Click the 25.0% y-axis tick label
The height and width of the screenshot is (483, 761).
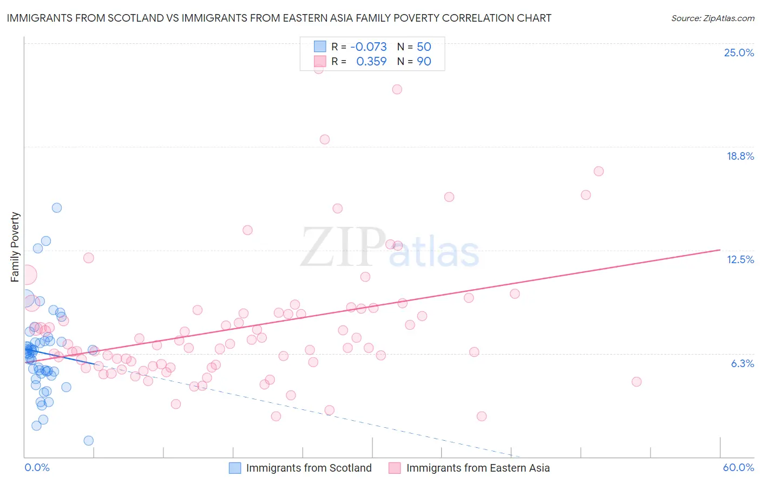click(739, 53)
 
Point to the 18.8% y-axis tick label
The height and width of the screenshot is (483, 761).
click(740, 156)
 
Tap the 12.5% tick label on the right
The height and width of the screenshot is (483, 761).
click(740, 259)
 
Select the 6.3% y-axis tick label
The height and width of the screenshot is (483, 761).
click(742, 363)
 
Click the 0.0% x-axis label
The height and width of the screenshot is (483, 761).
click(37, 467)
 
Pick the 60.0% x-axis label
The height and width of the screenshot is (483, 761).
click(738, 467)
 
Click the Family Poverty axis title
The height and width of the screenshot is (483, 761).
click(15, 247)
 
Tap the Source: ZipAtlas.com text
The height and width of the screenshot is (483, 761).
click(712, 18)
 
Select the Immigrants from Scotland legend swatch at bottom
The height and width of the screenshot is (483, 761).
click(235, 468)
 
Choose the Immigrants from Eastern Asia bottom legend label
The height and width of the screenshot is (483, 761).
click(478, 468)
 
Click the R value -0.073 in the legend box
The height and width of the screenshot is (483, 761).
click(369, 47)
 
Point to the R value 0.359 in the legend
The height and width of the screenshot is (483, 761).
click(371, 62)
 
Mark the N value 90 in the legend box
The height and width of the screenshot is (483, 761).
click(424, 62)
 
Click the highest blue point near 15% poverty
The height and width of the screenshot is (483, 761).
click(57, 208)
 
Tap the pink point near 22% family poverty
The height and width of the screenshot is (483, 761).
click(397, 89)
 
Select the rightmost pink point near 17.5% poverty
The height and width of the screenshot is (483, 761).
click(599, 171)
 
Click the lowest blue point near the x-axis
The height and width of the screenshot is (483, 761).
click(89, 441)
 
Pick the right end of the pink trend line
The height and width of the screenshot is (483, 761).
click(720, 250)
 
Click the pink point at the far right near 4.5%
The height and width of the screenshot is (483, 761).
click(637, 382)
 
